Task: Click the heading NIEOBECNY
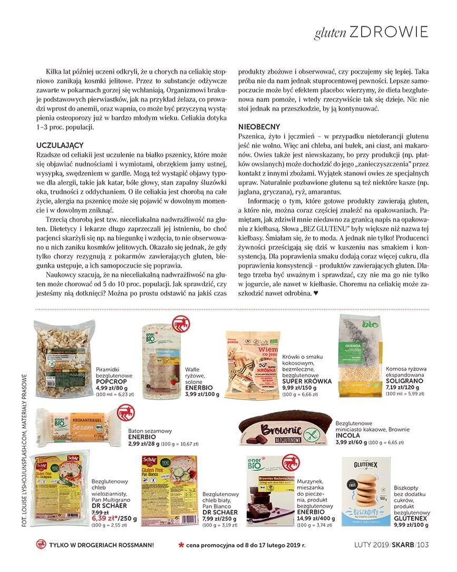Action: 259,127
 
